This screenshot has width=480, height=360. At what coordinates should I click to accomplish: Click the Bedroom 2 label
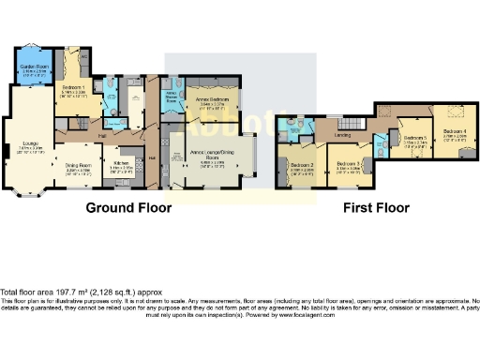coord(301,168)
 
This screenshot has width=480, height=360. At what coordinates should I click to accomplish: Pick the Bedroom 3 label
coord(347,167)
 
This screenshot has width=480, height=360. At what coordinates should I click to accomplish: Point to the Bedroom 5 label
coord(414,140)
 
